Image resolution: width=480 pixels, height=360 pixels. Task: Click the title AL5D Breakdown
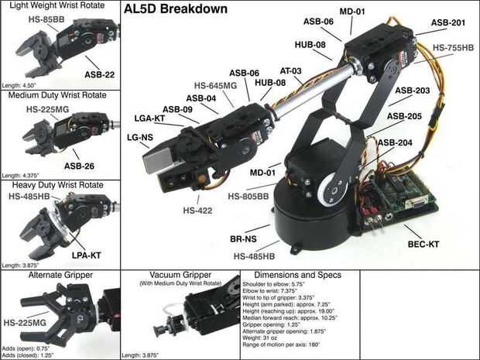175,10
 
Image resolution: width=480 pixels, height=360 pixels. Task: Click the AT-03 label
292,71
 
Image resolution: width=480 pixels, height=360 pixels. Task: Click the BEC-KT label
423,244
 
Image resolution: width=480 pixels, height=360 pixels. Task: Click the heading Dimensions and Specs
297,275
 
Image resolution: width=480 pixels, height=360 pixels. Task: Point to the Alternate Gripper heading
60,275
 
